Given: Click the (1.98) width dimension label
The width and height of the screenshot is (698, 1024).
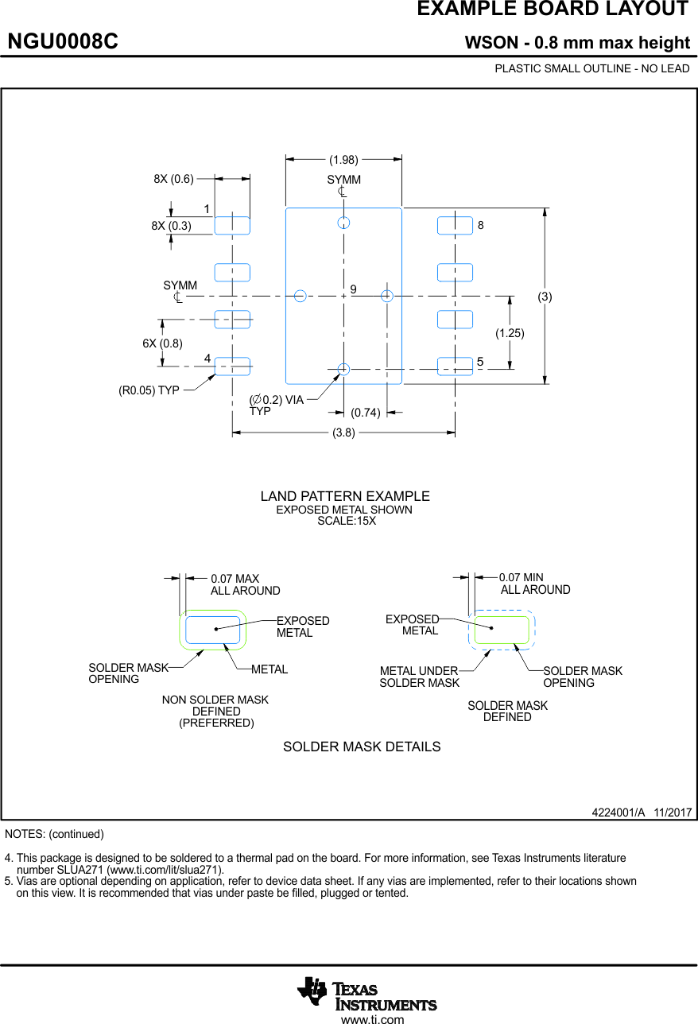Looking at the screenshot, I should pyautogui.click(x=343, y=159).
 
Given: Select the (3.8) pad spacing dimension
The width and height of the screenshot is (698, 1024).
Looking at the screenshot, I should pyautogui.click(x=343, y=433).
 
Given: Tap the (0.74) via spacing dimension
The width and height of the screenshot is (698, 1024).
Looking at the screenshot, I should pyautogui.click(x=366, y=413).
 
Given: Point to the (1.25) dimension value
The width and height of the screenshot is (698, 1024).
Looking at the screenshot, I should pyautogui.click(x=510, y=333).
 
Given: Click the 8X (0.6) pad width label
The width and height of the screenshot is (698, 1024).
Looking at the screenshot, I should pyautogui.click(x=173, y=179).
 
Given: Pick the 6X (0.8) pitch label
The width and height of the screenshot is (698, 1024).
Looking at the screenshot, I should pyautogui.click(x=162, y=343).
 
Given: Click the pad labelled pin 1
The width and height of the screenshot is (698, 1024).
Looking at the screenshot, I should pyautogui.click(x=232, y=225).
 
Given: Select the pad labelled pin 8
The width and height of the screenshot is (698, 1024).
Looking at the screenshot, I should pyautogui.click(x=455, y=225).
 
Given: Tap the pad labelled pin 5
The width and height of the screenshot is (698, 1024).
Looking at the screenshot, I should pyautogui.click(x=455, y=366).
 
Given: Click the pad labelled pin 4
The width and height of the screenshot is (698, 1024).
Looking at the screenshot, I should pyautogui.click(x=232, y=366).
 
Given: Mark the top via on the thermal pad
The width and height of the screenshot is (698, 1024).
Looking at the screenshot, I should pyautogui.click(x=343, y=222).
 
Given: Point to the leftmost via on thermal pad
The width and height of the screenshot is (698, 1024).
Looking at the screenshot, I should pyautogui.click(x=301, y=296).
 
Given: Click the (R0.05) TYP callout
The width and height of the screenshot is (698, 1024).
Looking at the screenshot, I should pyautogui.click(x=149, y=390).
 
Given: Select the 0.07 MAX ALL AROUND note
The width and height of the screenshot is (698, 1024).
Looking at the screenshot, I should pyautogui.click(x=245, y=584).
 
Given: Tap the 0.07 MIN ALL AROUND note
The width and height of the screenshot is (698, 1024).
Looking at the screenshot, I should pyautogui.click(x=534, y=584).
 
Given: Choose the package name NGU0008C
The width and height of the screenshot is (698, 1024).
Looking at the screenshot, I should pyautogui.click(x=63, y=42).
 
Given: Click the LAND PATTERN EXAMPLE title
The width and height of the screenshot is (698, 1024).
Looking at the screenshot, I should pyautogui.click(x=345, y=496).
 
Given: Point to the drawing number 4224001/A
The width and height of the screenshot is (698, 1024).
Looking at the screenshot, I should pyautogui.click(x=618, y=813).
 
